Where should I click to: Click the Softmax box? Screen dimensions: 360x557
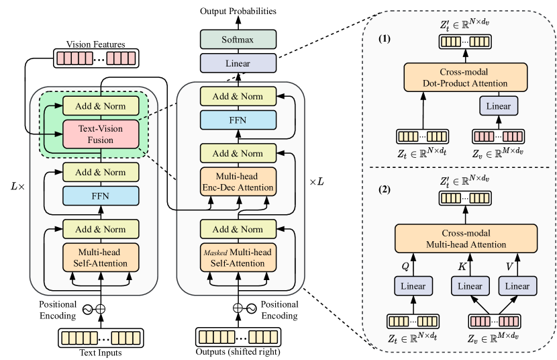point(238,40)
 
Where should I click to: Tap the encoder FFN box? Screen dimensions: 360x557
point(101,195)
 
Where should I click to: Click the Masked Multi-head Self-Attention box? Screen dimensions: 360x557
point(238,257)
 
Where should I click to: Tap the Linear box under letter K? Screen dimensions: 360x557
point(470,286)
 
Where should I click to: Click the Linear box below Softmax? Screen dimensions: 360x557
point(238,64)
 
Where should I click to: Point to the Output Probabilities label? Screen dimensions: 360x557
point(238,11)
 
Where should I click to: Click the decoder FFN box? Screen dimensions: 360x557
point(238,121)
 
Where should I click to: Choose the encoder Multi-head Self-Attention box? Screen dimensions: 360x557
point(101,257)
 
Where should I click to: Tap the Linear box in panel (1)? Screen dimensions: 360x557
point(499,105)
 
